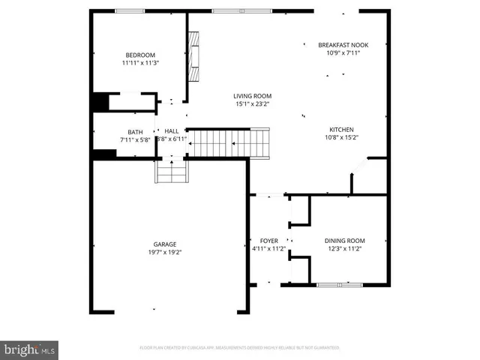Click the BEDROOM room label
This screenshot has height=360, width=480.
pyautogui.click(x=139, y=55)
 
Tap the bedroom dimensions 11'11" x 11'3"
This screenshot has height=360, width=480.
pyautogui.click(x=139, y=63)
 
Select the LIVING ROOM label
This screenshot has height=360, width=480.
pyautogui.click(x=252, y=96)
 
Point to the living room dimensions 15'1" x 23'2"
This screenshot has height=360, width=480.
pyautogui.click(x=252, y=104)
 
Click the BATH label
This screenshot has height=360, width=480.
pyautogui.click(x=135, y=132)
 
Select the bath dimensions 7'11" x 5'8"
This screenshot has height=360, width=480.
pyautogui.click(x=135, y=139)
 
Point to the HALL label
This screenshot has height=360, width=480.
pyautogui.click(x=172, y=130)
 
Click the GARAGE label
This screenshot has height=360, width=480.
pyautogui.click(x=165, y=244)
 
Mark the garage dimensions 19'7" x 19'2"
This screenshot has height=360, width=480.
pyautogui.click(x=165, y=252)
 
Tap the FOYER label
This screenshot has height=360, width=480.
pyautogui.click(x=268, y=241)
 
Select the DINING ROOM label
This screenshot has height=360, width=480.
pyautogui.click(x=344, y=241)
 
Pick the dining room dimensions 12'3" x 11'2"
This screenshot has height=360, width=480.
pyautogui.click(x=344, y=249)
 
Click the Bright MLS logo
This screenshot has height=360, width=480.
pyautogui.click(x=30, y=349)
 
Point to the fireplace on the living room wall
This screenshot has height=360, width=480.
pyautogui.click(x=193, y=57)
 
